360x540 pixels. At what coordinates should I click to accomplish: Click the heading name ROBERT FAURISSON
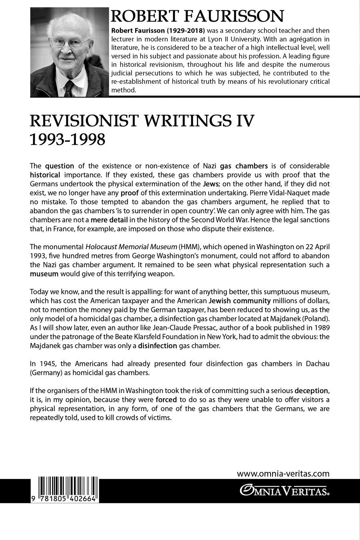(x=197, y=16)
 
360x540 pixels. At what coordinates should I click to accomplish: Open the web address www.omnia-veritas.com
(x=283, y=474)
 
